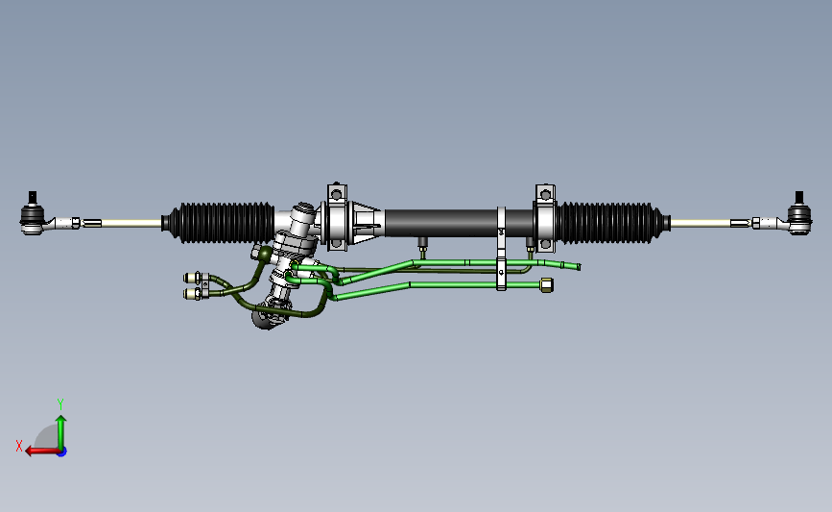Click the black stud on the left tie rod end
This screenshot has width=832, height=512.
(x=33, y=197)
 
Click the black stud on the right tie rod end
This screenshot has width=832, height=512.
(x=799, y=197)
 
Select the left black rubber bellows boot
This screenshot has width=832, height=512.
(x=219, y=223)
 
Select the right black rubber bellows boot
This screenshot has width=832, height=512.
(x=613, y=223)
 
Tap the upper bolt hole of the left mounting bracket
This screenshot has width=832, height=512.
(x=336, y=195)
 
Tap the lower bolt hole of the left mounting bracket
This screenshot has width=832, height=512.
(x=336, y=244)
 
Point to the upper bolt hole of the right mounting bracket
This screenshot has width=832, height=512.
(x=545, y=195)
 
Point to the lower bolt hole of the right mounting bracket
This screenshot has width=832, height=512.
(x=545, y=244)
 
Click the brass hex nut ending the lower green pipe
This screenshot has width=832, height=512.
(x=547, y=285)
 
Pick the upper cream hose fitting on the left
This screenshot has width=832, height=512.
(x=192, y=278)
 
